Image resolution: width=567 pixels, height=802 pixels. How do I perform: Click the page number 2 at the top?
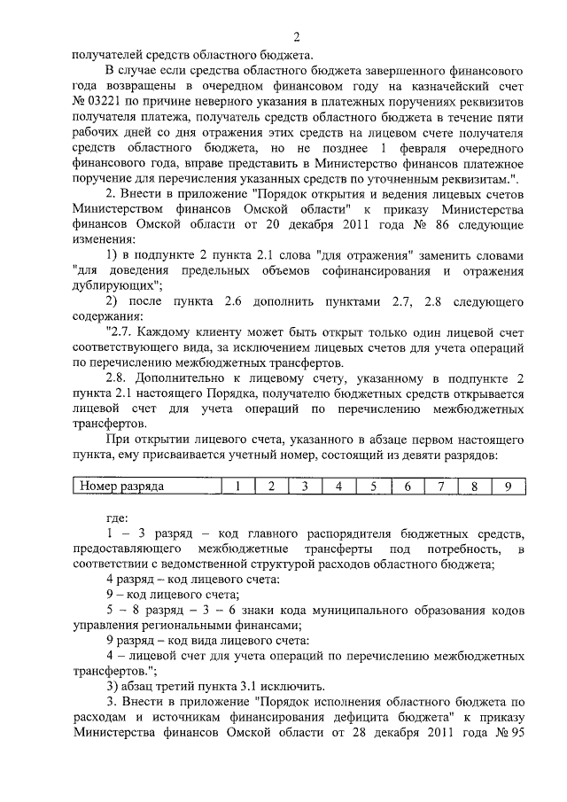click(x=299, y=36)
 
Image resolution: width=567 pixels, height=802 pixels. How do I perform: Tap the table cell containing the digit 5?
click(x=373, y=486)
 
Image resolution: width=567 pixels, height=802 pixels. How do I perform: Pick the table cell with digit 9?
click(x=508, y=486)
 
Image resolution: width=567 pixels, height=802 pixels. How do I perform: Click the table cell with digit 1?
click(x=237, y=486)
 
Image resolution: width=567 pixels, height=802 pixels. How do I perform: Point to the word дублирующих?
click(x=114, y=286)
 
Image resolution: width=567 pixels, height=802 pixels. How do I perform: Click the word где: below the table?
click(x=118, y=517)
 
